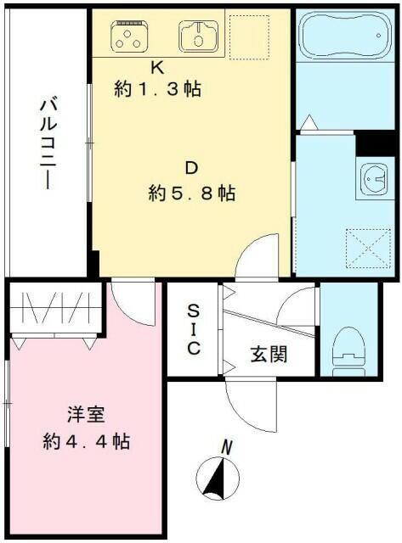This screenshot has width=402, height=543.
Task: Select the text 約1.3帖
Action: [x=158, y=88]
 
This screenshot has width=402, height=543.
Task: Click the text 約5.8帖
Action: [x=192, y=193]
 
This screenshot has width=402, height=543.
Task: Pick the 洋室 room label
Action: [x=86, y=415]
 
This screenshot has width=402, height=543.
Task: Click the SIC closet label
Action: [x=194, y=329]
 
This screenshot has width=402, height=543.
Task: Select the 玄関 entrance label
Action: [x=269, y=354]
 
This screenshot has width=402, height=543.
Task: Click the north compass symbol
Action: [x=218, y=477]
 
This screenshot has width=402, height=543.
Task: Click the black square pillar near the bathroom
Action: [x=371, y=144]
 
